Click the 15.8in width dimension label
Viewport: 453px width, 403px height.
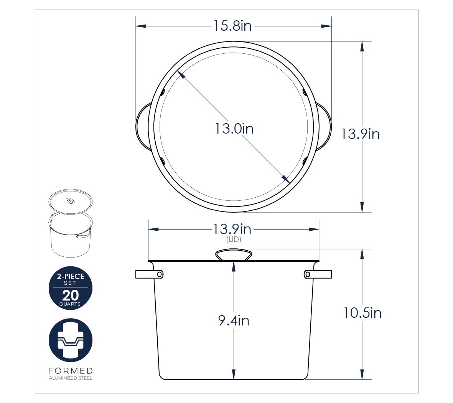[x=232, y=26]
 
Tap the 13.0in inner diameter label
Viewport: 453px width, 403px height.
[x=234, y=129]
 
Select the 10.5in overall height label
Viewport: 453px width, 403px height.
[x=362, y=313]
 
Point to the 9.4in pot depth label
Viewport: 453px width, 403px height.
[x=234, y=320]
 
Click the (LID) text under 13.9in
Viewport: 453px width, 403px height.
[x=234, y=239]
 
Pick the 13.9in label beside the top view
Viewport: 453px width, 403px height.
[x=360, y=134]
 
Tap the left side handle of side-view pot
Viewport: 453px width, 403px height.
[x=149, y=274]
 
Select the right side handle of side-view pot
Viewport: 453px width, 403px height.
[x=318, y=274]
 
